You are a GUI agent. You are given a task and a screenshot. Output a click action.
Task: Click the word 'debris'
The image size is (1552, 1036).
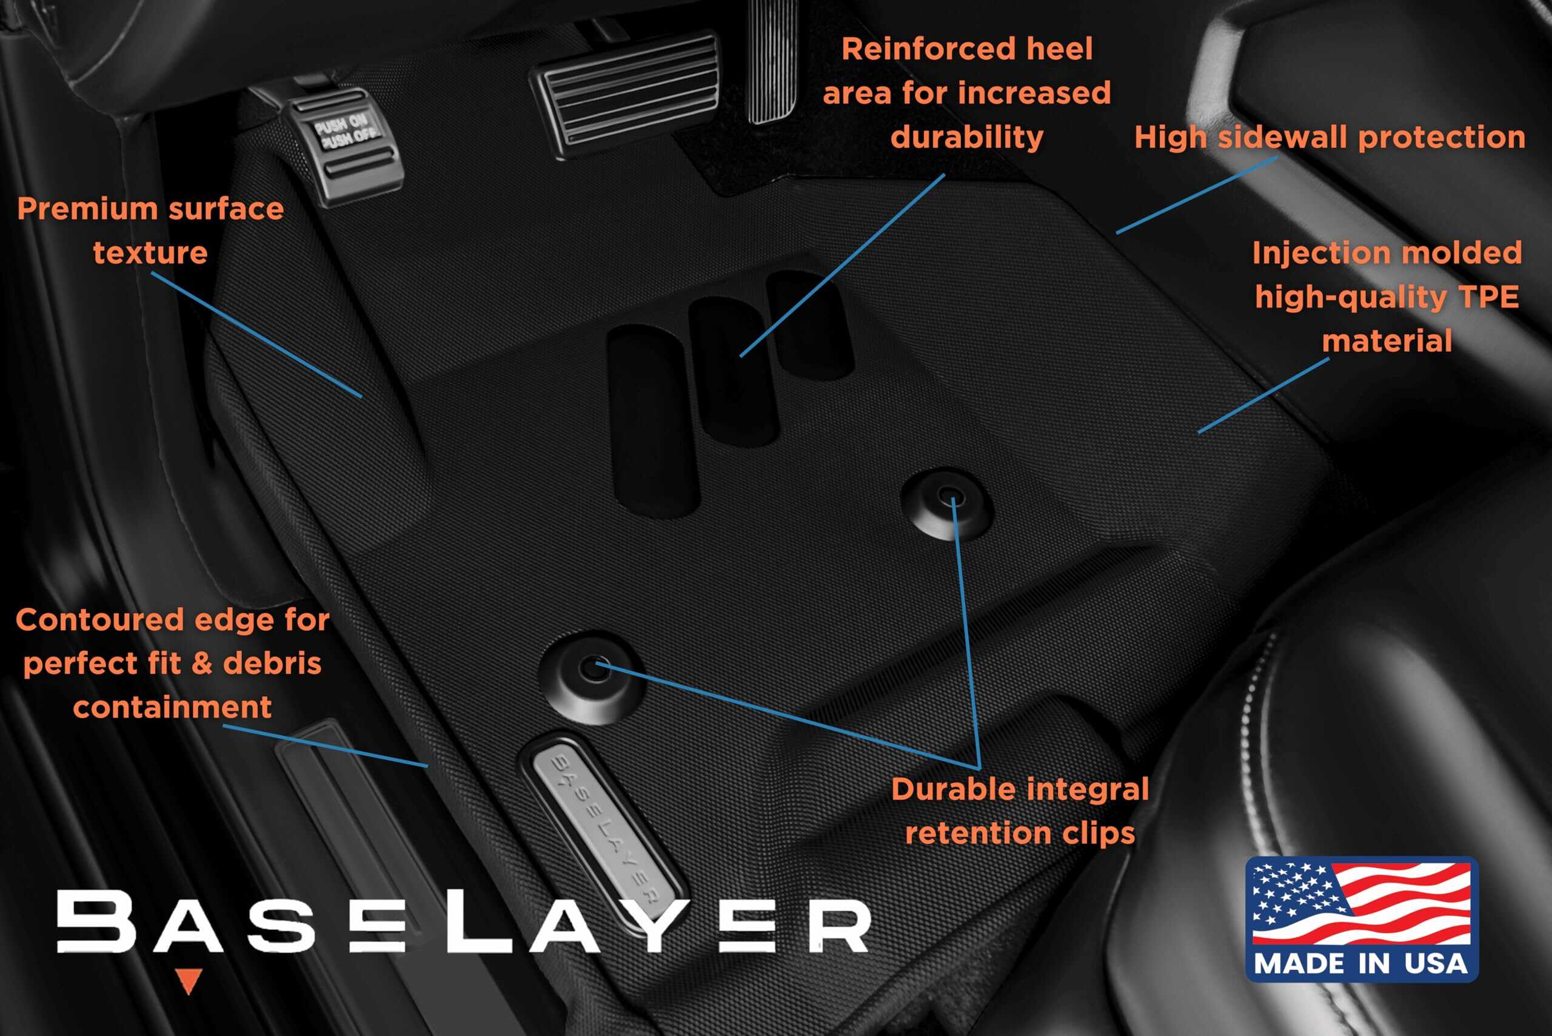pyautogui.click(x=272, y=664)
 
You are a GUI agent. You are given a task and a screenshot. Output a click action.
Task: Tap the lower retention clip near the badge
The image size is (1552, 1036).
pyautogui.click(x=592, y=676)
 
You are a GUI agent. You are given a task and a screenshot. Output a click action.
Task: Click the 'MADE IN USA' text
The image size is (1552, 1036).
pyautogui.click(x=1361, y=963)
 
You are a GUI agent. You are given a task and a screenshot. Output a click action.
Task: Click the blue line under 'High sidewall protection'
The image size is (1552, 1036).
pyautogui.click(x=1197, y=195)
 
